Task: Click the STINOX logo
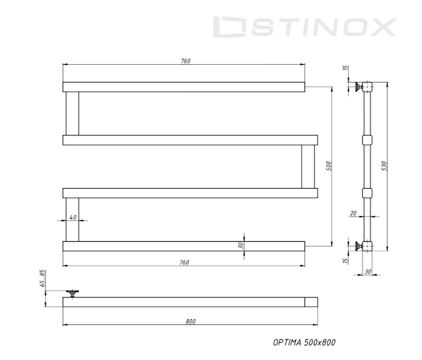click(x=306, y=27)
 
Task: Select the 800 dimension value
click(x=190, y=321)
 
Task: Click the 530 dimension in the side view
click(x=384, y=164)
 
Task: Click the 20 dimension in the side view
click(x=353, y=213)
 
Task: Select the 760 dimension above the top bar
click(x=185, y=61)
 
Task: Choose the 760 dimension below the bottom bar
click(x=185, y=262)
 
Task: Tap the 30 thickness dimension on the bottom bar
click(x=241, y=245)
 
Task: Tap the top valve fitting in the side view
click(x=357, y=87)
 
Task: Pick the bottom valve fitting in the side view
click(x=357, y=246)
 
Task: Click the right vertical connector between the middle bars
click(x=308, y=166)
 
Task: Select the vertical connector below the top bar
click(x=72, y=113)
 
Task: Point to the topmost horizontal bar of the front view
click(x=184, y=87)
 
